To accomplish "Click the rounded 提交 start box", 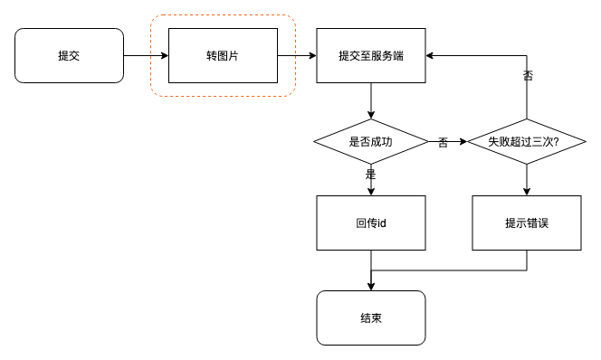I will point(69,55).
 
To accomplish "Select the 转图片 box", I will point(223,55).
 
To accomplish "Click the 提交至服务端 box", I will point(370,55).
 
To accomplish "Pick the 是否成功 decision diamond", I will point(370,141).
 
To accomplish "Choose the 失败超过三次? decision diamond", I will point(526,141).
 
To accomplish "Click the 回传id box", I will point(370,223).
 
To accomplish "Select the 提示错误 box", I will point(526,223).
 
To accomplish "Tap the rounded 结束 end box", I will point(370,317).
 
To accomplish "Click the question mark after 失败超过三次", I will point(555,141).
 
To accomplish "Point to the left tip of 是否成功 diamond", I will point(317,141).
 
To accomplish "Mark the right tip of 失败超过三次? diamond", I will point(583,141).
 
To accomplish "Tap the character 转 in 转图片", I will point(212,55).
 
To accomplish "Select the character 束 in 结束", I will point(376,317).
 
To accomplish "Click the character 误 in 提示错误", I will point(542,223).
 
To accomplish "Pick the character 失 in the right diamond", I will point(493,141).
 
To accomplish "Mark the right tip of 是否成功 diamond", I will point(426,141).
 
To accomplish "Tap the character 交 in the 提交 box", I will point(74,55).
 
